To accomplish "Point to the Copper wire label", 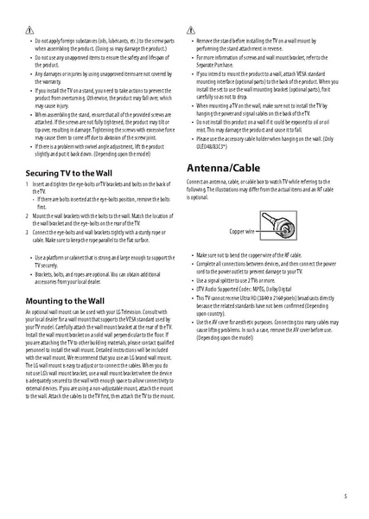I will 242,233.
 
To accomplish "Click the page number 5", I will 345,497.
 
